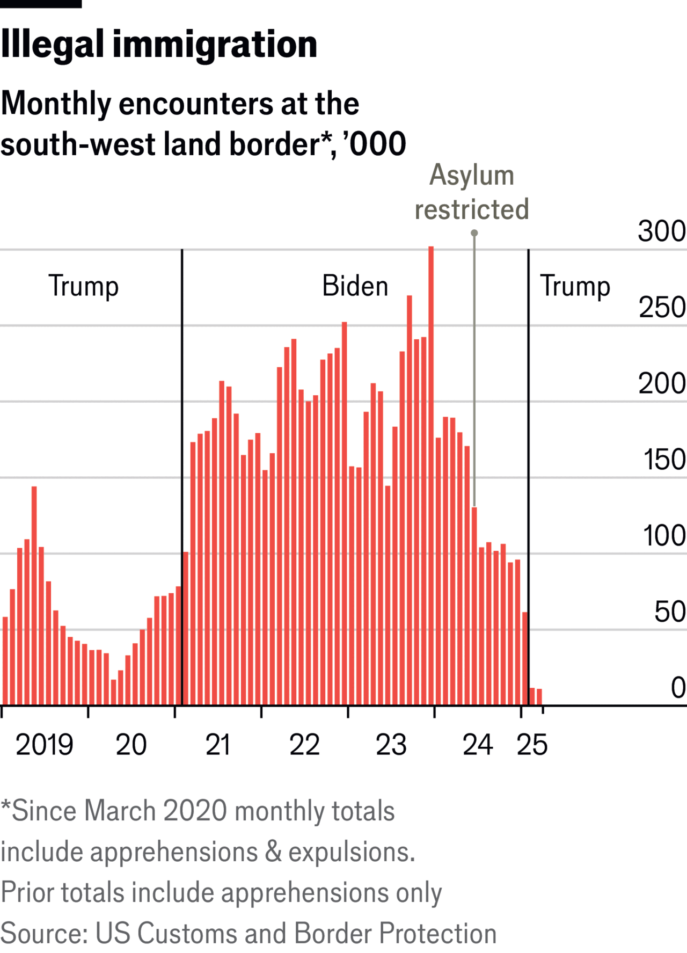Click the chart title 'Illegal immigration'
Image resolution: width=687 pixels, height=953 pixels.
point(159,44)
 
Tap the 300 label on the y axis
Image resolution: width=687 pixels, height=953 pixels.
point(661,231)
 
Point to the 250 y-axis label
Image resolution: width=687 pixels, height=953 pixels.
point(662,308)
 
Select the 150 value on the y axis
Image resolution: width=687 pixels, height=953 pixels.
point(664,460)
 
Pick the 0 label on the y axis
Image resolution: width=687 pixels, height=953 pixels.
point(678,688)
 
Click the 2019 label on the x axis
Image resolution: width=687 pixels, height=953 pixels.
point(44,745)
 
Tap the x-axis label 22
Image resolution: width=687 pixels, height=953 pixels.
point(304,745)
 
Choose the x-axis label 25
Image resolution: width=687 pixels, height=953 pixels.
point(532,745)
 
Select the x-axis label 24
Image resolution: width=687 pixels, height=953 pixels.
point(478,745)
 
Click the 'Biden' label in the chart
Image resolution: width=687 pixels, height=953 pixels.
point(355,286)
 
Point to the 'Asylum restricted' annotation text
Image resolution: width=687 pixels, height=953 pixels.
point(472,192)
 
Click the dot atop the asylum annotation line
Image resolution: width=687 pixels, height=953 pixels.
point(474,233)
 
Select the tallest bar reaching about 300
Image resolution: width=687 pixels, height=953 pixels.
point(431,475)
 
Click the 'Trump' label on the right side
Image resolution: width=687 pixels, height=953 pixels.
point(575,286)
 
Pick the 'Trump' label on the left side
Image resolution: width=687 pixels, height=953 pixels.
point(83,286)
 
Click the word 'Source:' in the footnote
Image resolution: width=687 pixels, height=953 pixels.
point(44,933)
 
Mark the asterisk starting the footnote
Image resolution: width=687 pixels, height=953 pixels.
point(5,805)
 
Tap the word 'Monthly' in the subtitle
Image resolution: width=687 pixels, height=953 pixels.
point(55,103)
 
